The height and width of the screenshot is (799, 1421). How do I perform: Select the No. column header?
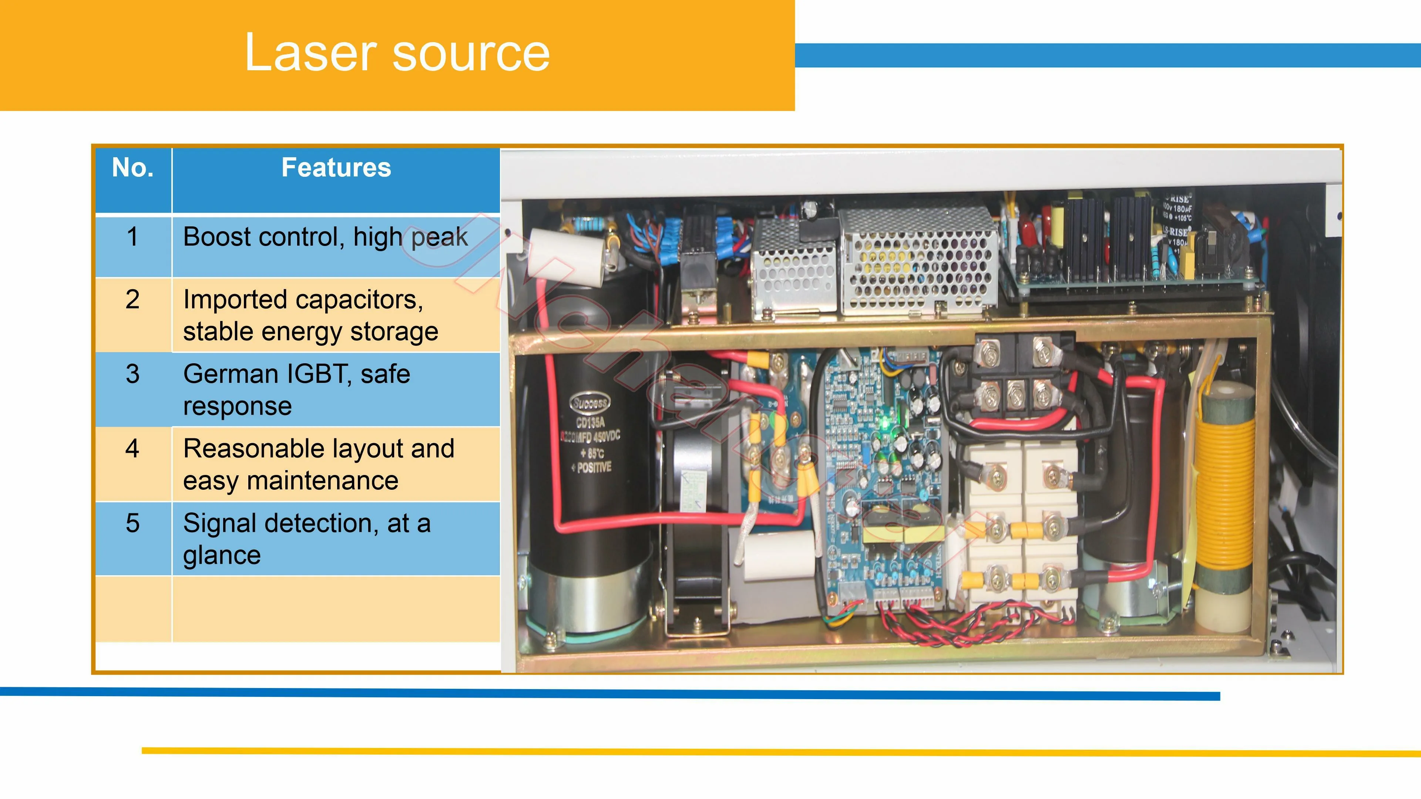[x=132, y=168]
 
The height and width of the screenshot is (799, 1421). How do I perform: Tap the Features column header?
[x=336, y=168]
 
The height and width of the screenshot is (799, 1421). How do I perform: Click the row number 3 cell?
[x=132, y=374]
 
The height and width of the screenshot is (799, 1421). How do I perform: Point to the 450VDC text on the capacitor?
[x=607, y=437]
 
